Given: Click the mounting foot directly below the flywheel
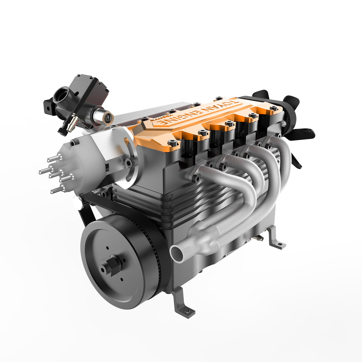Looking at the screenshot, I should (184, 305).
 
